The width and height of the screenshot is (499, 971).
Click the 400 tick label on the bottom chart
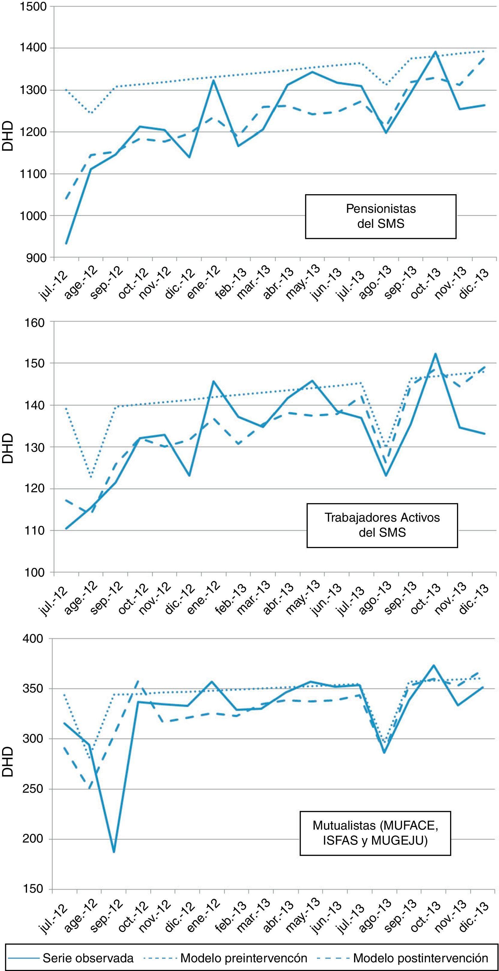coord(34,639)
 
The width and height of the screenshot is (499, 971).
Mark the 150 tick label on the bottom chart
coord(34,889)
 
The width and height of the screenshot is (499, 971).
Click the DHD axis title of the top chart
coord(8,136)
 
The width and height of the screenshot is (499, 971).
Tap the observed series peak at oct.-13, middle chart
coord(435,354)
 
